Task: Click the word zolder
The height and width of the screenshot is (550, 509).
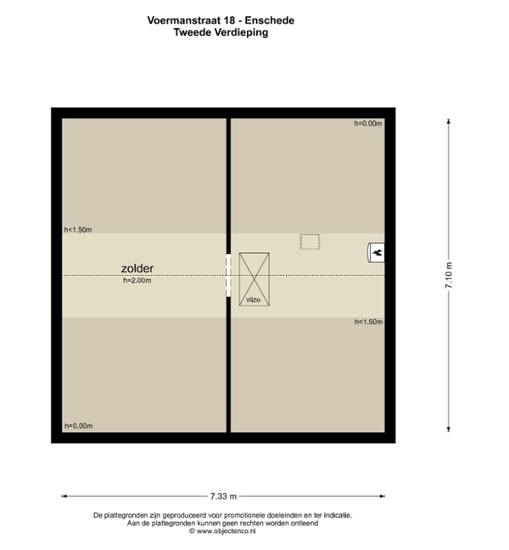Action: click(137, 268)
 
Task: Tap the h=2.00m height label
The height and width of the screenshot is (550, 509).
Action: click(137, 281)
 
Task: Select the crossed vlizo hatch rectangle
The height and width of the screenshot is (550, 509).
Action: click(255, 279)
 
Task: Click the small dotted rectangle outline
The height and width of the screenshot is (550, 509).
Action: click(310, 242)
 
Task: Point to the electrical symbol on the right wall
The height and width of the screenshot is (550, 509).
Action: click(376, 253)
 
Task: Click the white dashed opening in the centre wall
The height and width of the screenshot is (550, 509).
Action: click(228, 275)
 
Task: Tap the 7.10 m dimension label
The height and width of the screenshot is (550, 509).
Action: click(449, 275)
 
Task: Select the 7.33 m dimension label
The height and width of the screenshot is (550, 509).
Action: click(224, 497)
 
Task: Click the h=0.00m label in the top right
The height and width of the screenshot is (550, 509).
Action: click(367, 123)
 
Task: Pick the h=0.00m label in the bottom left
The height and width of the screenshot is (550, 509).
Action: click(79, 426)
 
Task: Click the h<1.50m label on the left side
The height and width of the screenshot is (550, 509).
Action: click(78, 230)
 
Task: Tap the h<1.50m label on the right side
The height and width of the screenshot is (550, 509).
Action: click(368, 322)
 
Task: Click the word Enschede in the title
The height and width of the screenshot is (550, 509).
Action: click(270, 20)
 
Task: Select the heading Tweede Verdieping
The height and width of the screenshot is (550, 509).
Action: click(221, 32)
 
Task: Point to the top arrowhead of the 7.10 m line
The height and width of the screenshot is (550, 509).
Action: click(449, 121)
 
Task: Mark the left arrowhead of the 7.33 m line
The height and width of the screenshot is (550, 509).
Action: click(64, 497)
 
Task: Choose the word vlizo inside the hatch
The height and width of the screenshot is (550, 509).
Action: click(253, 300)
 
